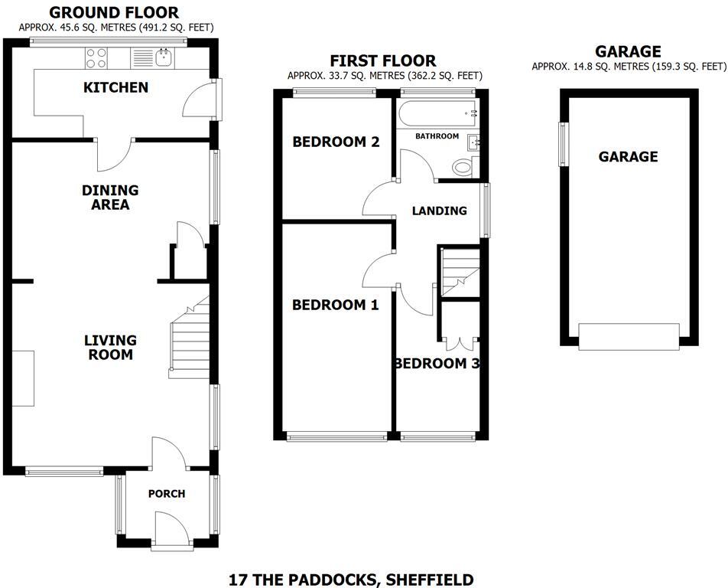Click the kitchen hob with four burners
pyautogui.click(x=97, y=57)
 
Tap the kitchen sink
pyautogui.click(x=162, y=57)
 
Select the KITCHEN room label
pyautogui.click(x=115, y=87)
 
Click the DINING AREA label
pyautogui.click(x=111, y=198)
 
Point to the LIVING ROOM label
pyautogui.click(x=110, y=348)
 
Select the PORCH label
pyautogui.click(x=167, y=494)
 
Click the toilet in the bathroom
pyautogui.click(x=463, y=166)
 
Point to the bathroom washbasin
pyautogui.click(x=473, y=141)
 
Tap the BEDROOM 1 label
pyautogui.click(x=335, y=305)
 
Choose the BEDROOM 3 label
pyautogui.click(x=437, y=364)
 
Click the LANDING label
pyautogui.click(x=439, y=211)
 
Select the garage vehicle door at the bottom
pyautogui.click(x=629, y=336)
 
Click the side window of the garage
pyautogui.click(x=564, y=144)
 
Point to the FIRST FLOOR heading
pyautogui.click(x=383, y=60)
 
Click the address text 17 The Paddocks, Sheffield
pyautogui.click(x=351, y=580)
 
